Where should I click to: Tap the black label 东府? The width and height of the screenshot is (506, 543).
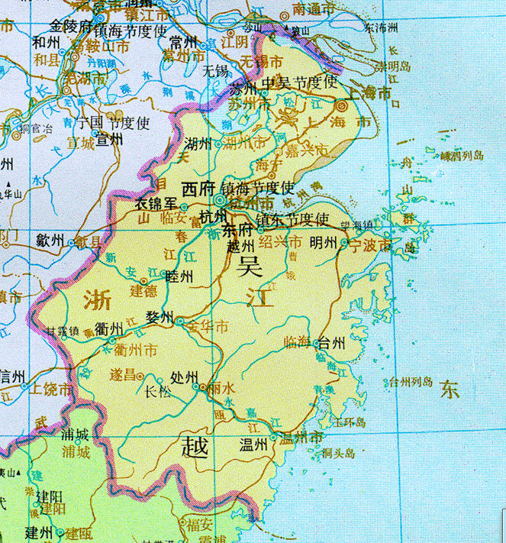pos(235,230)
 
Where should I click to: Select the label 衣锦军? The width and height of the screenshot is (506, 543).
pos(156,205)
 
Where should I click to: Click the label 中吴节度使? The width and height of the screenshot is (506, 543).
pos(298,82)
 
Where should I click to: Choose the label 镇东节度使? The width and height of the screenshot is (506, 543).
pos(292,220)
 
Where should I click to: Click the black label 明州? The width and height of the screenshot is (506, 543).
pos(324,244)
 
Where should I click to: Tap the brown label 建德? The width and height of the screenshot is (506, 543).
pos(143,291)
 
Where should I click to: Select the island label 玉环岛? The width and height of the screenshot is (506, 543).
pos(350,422)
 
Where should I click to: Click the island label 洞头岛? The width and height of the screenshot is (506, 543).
pos(339,453)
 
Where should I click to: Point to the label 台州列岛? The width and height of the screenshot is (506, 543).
pos(411,382)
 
